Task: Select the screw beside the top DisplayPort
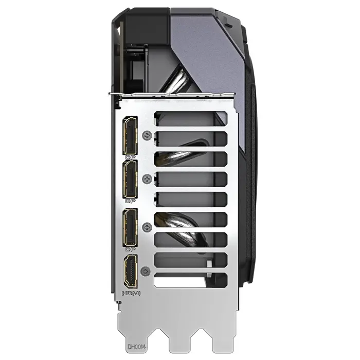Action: click(149, 136)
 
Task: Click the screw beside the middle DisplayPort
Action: click(149, 179)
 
